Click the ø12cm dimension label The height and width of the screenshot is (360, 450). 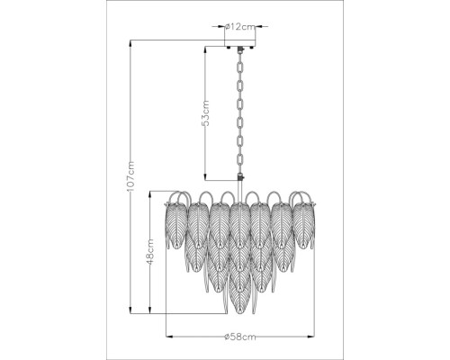click(240, 27)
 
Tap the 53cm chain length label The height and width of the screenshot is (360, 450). click(205, 113)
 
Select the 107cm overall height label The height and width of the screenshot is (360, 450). click(130, 176)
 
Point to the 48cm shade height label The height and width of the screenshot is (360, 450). click(150, 251)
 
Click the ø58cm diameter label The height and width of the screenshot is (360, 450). click(240, 337)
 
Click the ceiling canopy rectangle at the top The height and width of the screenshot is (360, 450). click(240, 43)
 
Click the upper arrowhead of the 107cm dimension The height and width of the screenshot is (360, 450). click(130, 43)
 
